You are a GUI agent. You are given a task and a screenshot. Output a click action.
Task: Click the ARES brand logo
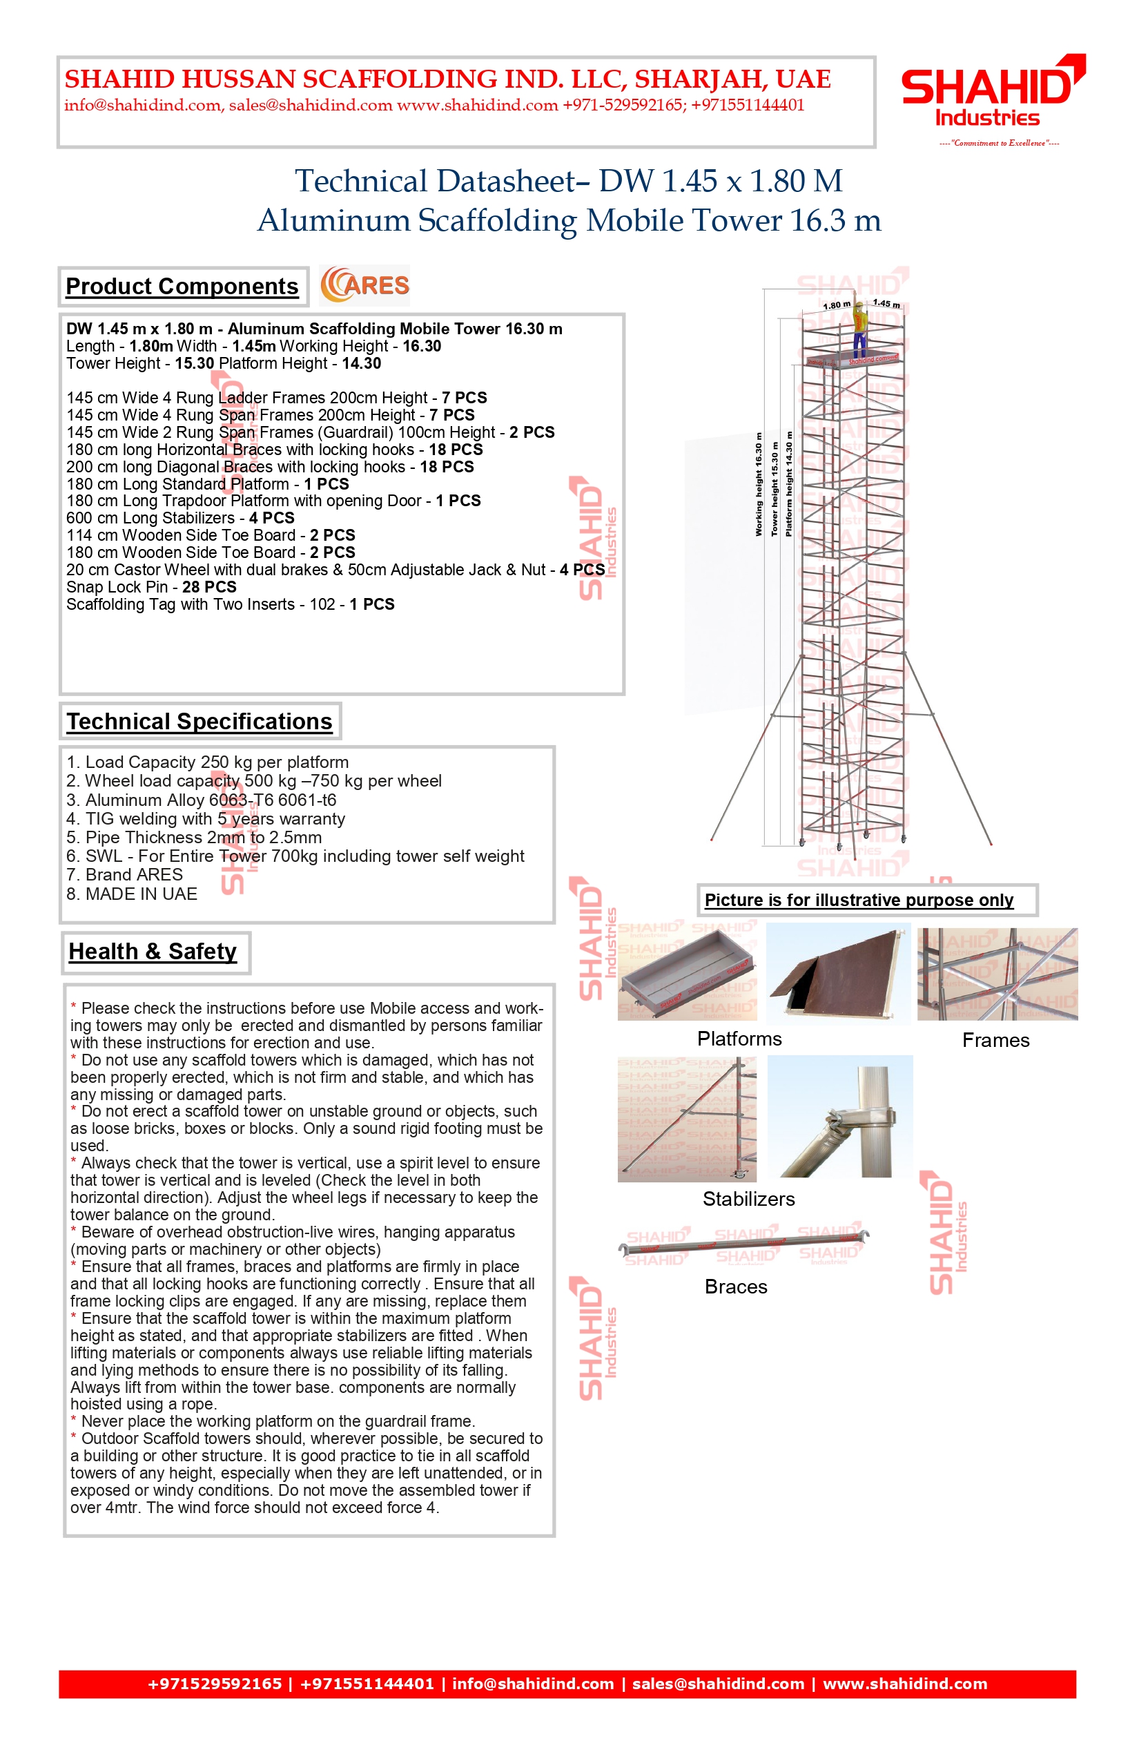[x=364, y=286]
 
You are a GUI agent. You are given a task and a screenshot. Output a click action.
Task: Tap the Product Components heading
[x=182, y=287]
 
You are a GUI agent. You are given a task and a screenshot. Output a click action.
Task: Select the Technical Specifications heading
[x=199, y=722]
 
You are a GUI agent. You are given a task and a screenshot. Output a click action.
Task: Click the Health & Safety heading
[x=153, y=952]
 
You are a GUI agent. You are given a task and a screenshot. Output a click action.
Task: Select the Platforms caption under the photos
[x=739, y=1039]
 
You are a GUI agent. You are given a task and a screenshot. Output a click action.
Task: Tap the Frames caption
[x=995, y=1041]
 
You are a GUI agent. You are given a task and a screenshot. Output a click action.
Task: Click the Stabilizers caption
[x=748, y=1200]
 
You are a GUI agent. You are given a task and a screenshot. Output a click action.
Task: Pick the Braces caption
[x=736, y=1287]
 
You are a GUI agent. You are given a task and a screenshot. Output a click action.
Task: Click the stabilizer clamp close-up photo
[x=840, y=1117]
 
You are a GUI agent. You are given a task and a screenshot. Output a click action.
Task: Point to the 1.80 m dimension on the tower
[x=837, y=305]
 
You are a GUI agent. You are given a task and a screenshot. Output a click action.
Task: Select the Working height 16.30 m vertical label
[x=759, y=485]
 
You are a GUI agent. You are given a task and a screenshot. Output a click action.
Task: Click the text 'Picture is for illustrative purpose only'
[x=859, y=901]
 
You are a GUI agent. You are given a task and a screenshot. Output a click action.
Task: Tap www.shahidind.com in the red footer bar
[x=904, y=1684]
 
